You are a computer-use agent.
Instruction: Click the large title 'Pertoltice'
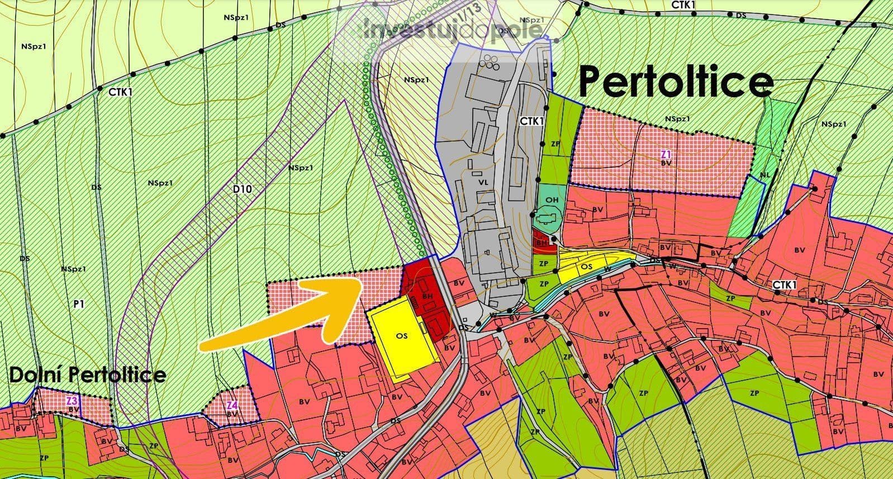coord(676,82)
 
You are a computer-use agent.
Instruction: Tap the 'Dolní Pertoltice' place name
coord(87,374)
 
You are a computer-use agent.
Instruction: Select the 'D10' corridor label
coord(243,189)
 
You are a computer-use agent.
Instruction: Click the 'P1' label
coord(79,304)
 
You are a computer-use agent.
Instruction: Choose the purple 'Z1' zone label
coord(666,154)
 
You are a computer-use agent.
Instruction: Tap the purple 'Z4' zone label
coord(232,405)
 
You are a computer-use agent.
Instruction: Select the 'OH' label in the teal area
coord(552,200)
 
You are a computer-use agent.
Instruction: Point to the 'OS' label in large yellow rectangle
coord(401,336)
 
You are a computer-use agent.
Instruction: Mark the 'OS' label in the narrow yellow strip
coord(586,267)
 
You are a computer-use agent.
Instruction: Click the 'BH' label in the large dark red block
coord(428,295)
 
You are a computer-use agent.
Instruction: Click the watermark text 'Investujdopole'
coord(453,29)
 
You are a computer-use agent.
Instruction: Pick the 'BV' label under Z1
coord(666,163)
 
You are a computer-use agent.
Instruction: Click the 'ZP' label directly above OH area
coord(555,144)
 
